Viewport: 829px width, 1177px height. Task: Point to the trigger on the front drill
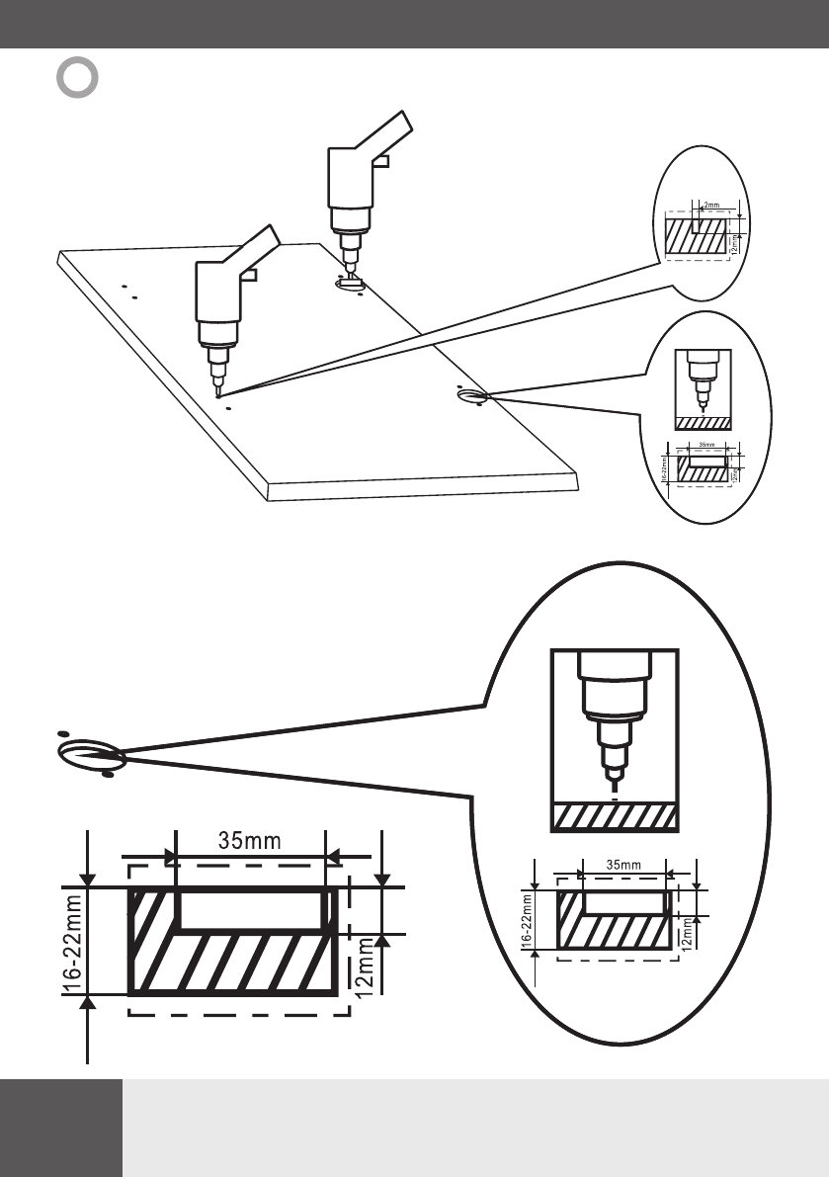pos(249,278)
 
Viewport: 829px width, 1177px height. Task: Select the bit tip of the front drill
pos(217,392)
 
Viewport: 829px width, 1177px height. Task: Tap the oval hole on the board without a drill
pos(472,396)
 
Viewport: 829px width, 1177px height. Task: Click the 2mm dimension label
pos(710,206)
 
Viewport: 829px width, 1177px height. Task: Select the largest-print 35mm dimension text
pos(249,840)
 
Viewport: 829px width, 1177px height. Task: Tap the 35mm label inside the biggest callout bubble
pos(623,865)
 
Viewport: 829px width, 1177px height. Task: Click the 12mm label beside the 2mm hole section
pos(733,238)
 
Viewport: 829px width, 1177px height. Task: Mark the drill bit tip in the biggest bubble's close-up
pos(614,787)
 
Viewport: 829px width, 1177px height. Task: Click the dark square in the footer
pos(61,1128)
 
